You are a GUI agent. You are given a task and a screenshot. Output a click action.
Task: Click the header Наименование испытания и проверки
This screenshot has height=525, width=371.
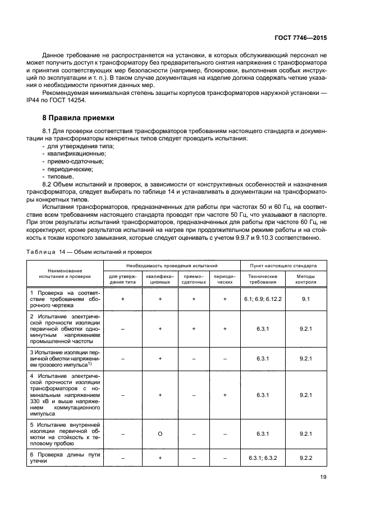coord(65,273)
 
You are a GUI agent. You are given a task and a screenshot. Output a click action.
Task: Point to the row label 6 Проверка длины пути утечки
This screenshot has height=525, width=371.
coord(65,458)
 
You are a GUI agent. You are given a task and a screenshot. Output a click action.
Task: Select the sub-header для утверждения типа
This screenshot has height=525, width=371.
coord(122,279)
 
